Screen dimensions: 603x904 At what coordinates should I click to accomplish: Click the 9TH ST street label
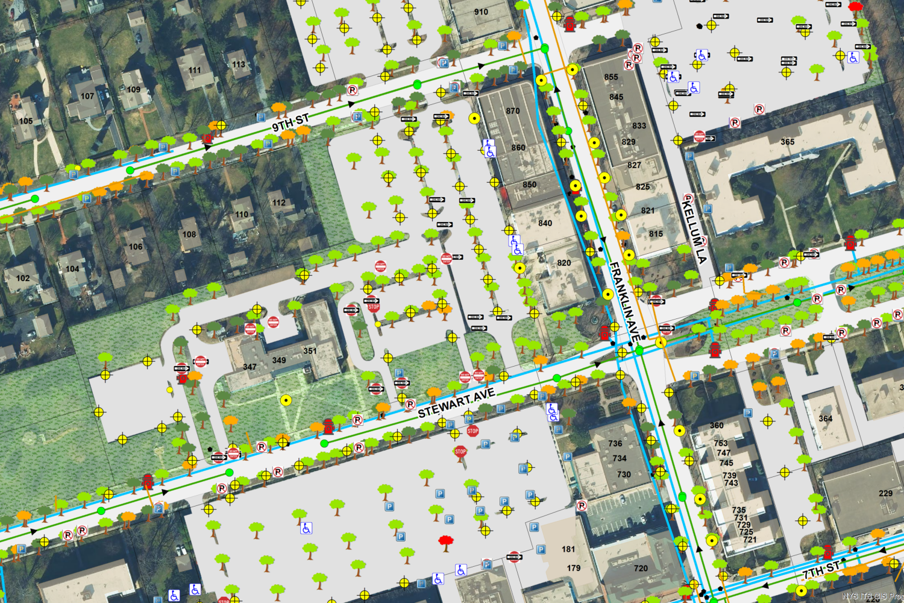coord(290,121)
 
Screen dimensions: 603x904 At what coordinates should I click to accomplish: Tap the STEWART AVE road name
coord(456,403)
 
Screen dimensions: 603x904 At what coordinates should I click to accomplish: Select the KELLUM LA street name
coord(694,229)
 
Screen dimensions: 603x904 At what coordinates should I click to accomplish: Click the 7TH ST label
coord(821,569)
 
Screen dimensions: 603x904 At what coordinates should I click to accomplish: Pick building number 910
coord(481,11)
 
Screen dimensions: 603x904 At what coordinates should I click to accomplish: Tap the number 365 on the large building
coord(787,142)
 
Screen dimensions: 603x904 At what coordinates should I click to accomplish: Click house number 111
coord(195,70)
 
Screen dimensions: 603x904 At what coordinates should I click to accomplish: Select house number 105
coord(26,121)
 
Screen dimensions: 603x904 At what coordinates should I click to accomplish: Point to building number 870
coord(513,111)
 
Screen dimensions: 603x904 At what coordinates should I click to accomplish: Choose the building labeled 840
coord(545,223)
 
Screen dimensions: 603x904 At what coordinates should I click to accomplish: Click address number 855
coord(611,77)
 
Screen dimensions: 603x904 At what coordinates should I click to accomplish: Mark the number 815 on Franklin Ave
coord(656,234)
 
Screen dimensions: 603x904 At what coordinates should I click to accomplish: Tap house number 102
coord(23,278)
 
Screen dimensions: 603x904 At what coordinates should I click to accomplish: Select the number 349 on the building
coord(279,361)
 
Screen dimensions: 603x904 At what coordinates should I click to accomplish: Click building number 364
coord(826,418)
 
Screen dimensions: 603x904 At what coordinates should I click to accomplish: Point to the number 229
coord(885,493)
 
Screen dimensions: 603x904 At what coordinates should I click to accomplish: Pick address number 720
coord(641,568)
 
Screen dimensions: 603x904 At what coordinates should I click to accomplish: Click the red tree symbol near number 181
coord(446,541)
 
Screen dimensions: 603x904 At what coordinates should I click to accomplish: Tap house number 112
coord(278,203)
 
